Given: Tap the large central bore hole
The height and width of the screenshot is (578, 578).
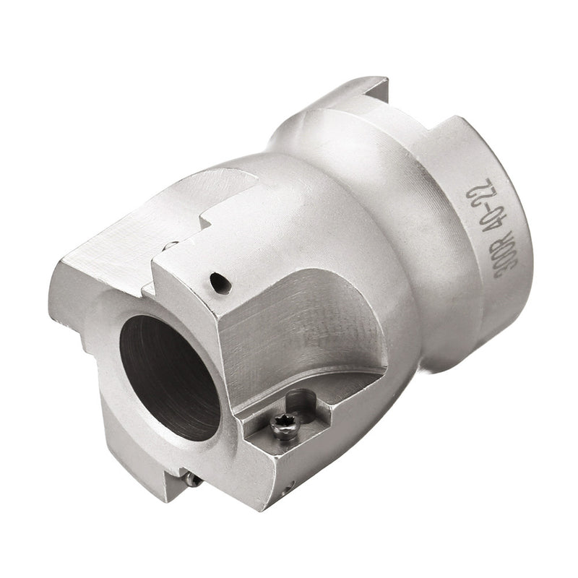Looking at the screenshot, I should click(170, 376).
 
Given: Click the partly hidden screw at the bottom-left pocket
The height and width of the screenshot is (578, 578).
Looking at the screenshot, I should click(190, 478).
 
